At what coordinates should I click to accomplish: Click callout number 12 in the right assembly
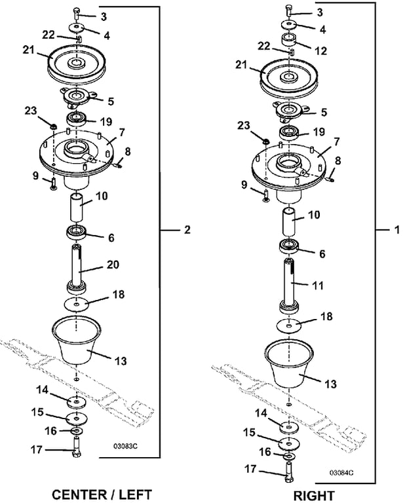[x=320, y=51]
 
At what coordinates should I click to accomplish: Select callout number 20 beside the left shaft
[x=112, y=265]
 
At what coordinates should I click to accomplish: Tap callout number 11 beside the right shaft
[x=318, y=285]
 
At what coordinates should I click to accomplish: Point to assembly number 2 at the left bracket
[x=187, y=230]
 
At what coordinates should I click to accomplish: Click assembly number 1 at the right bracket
[x=397, y=230]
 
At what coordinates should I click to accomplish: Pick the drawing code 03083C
[x=125, y=446]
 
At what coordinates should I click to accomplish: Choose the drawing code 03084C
[x=341, y=472]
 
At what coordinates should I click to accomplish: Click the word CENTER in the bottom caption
[x=79, y=494]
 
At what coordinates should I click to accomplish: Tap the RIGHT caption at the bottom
[x=313, y=496]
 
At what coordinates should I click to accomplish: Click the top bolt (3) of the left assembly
[x=77, y=14]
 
